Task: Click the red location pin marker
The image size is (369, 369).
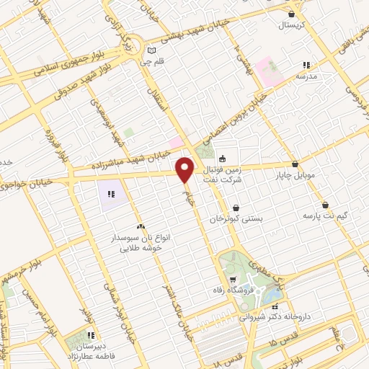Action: coord(185,170)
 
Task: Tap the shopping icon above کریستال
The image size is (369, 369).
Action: coord(291,14)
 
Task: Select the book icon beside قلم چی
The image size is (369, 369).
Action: coord(151,50)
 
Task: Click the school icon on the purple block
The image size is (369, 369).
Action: coord(111,194)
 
